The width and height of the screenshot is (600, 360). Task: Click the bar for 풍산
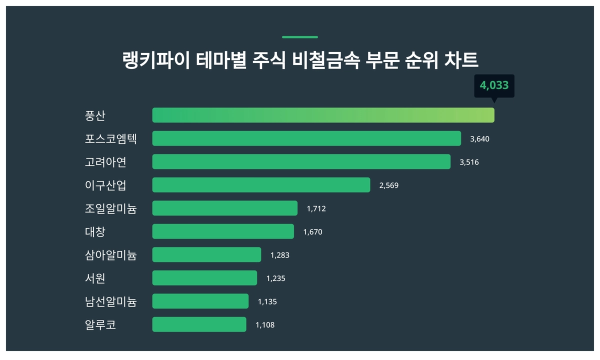(x=323, y=115)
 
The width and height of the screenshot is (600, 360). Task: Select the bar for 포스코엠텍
(x=306, y=138)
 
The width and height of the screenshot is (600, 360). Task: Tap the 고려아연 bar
(x=301, y=161)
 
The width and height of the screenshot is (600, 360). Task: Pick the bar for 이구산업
(x=261, y=185)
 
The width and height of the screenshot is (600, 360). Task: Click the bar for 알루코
(x=199, y=324)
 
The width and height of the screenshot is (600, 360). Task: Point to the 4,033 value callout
(x=494, y=85)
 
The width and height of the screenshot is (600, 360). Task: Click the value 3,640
(x=479, y=138)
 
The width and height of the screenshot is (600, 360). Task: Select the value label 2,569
(x=389, y=185)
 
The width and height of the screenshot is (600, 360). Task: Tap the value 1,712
(x=316, y=208)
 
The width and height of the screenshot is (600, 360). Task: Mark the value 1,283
(x=279, y=255)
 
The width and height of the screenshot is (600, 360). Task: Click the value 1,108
(x=265, y=324)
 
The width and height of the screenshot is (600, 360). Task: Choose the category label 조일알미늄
(x=110, y=208)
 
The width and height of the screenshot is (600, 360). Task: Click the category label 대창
(x=95, y=231)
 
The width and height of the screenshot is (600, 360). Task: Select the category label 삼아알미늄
(x=110, y=255)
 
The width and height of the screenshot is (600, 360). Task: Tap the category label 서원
(x=95, y=278)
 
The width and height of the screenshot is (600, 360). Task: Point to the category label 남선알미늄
(x=110, y=301)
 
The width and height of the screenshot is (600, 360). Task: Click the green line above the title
(x=300, y=37)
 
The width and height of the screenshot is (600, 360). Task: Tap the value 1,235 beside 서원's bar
(x=275, y=278)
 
